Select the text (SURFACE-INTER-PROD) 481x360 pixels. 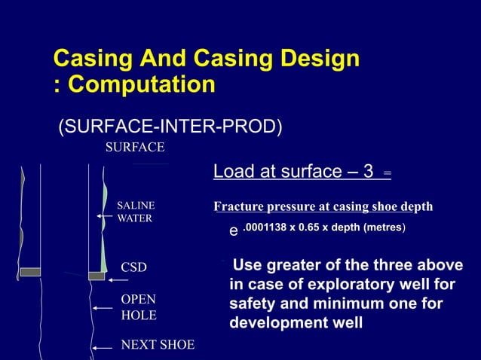coord(170,127)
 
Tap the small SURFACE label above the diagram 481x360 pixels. coord(134,147)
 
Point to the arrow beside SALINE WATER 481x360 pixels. coord(106,216)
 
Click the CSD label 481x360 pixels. coord(134,267)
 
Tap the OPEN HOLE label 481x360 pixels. coord(139,307)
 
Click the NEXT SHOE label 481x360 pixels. coord(158,345)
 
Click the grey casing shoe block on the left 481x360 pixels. coord(30,272)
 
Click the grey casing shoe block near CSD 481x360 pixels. coord(97,276)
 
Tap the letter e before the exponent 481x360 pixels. coord(234,232)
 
